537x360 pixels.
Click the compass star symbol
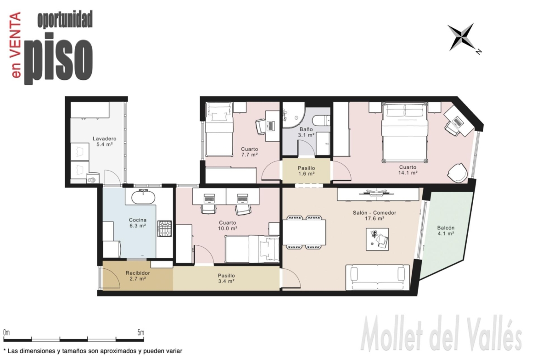point(462,37)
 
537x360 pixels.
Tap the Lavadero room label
point(105,141)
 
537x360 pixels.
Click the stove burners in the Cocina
point(164,228)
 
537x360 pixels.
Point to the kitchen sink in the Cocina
point(144,196)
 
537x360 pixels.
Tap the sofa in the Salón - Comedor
point(377,277)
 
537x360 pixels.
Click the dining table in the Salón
point(304,233)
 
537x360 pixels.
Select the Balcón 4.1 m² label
point(446,231)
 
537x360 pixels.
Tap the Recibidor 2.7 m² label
point(138,276)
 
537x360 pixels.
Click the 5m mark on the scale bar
point(141,332)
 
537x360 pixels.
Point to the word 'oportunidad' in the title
point(65,19)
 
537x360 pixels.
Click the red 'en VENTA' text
point(16,45)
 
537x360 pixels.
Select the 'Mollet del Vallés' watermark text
point(442,333)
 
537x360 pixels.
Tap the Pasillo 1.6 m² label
point(306,171)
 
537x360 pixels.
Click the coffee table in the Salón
point(377,239)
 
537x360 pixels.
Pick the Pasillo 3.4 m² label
point(226,278)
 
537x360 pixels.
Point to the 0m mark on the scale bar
point(6,332)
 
